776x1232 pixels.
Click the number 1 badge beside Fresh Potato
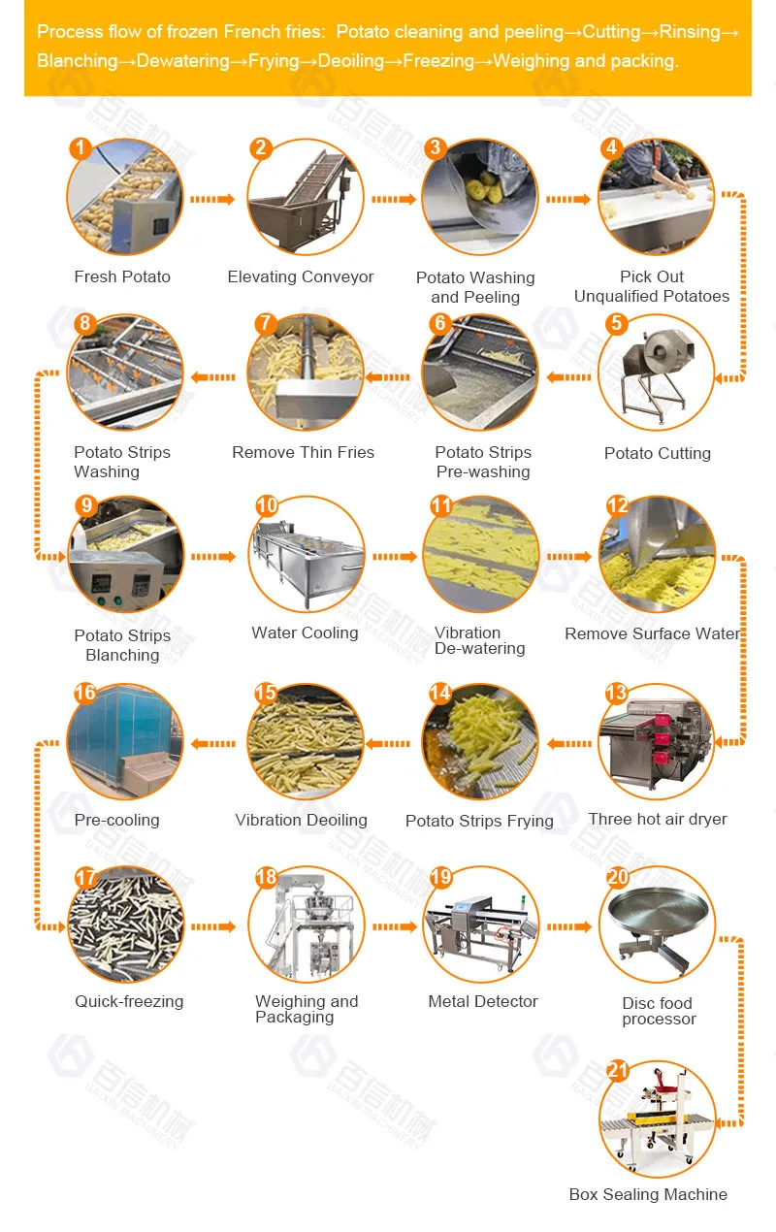tap(81, 148)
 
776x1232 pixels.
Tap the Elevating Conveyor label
tap(301, 277)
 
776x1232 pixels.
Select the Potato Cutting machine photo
tap(657, 373)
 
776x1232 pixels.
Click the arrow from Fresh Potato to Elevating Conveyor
tap(212, 199)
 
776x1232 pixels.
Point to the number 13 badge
tap(616, 693)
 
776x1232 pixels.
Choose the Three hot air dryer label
tap(658, 820)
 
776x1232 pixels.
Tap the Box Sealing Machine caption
tap(648, 1195)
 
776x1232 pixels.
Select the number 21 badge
tap(618, 1071)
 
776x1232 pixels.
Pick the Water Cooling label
tap(305, 633)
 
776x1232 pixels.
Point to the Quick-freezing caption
tap(129, 1002)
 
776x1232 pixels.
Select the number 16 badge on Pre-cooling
tap(85, 693)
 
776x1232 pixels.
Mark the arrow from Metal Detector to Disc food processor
tap(568, 927)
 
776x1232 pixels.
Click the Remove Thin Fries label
tap(303, 453)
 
